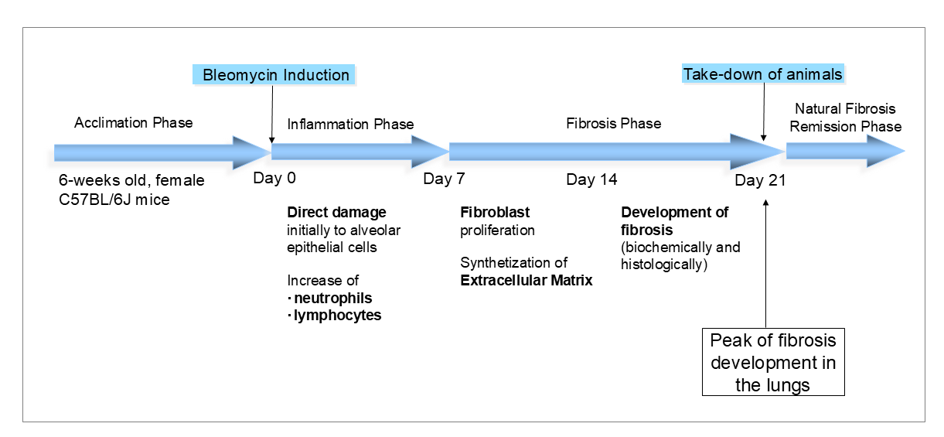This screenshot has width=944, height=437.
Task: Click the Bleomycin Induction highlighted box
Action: coord(274,75)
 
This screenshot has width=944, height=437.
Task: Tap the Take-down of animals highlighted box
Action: coord(762,74)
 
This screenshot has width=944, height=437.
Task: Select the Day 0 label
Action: coord(274,179)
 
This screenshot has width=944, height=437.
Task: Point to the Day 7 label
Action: coord(444,180)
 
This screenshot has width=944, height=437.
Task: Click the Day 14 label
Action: coord(591,180)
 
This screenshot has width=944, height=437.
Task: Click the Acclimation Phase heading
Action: coord(134,122)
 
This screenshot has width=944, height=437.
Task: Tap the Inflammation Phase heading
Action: coord(350,124)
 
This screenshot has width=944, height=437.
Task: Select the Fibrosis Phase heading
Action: coord(614,123)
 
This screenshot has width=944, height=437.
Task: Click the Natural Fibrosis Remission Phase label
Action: coord(845,118)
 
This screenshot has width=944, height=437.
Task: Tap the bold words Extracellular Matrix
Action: coord(527,281)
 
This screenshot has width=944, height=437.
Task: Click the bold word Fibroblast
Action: coord(495,212)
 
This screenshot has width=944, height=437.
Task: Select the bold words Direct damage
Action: coord(336,212)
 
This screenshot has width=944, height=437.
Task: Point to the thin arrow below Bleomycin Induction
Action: coord(271,112)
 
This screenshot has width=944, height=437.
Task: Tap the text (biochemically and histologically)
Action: coord(680,255)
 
